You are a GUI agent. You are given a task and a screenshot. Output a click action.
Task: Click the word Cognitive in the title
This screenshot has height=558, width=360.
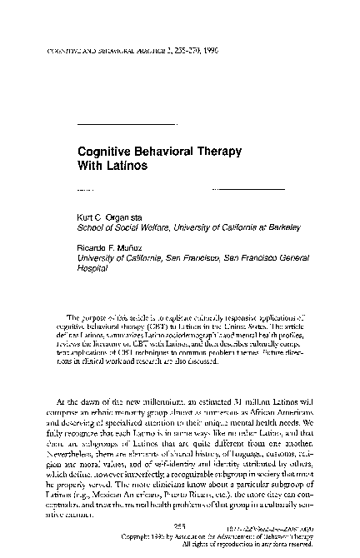tap(102, 152)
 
